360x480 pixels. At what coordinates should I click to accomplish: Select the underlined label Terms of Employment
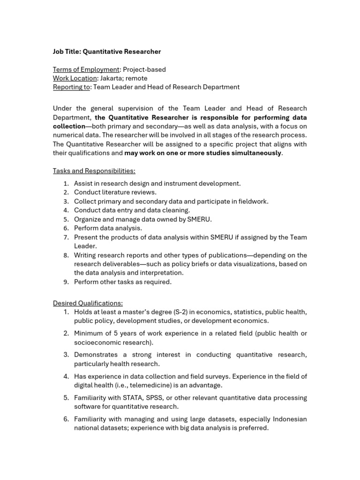86,69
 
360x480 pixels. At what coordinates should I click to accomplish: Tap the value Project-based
144,69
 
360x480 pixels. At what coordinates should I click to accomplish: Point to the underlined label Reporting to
71,87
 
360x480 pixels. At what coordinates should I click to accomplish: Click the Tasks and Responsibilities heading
94,171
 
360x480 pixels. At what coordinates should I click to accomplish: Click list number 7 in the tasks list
66,237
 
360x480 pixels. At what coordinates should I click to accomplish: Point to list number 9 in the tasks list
66,282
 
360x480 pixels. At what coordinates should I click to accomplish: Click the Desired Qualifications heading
88,303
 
